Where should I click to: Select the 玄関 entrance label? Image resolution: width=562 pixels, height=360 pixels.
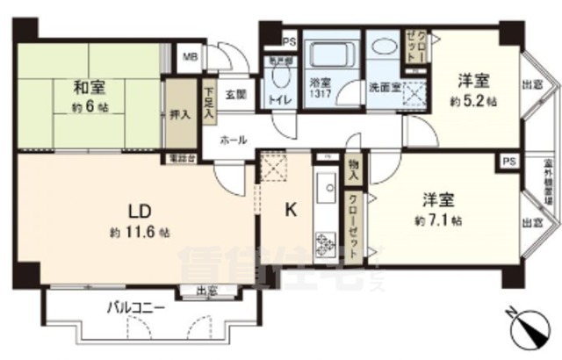point(234,93)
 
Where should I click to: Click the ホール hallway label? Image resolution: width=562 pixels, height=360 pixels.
point(233,139)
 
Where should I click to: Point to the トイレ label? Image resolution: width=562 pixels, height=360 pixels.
point(280,98)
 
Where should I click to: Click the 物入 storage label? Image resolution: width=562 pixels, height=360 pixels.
point(352,169)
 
